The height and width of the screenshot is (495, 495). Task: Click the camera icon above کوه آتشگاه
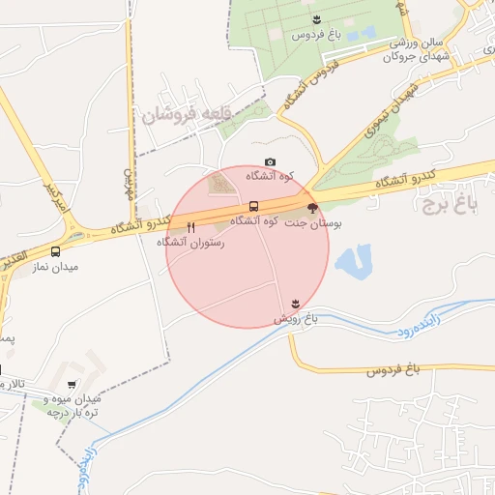coord(270,161)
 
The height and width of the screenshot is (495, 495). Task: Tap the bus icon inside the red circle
coord(253,206)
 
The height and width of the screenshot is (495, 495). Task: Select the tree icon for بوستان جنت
coord(311,208)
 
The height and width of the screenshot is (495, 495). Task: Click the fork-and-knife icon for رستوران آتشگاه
coord(190,228)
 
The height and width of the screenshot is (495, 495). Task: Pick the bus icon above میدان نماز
coord(55,251)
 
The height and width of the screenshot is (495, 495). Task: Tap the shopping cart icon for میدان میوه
coord(72,384)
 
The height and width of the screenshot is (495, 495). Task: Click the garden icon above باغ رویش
coord(295,304)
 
